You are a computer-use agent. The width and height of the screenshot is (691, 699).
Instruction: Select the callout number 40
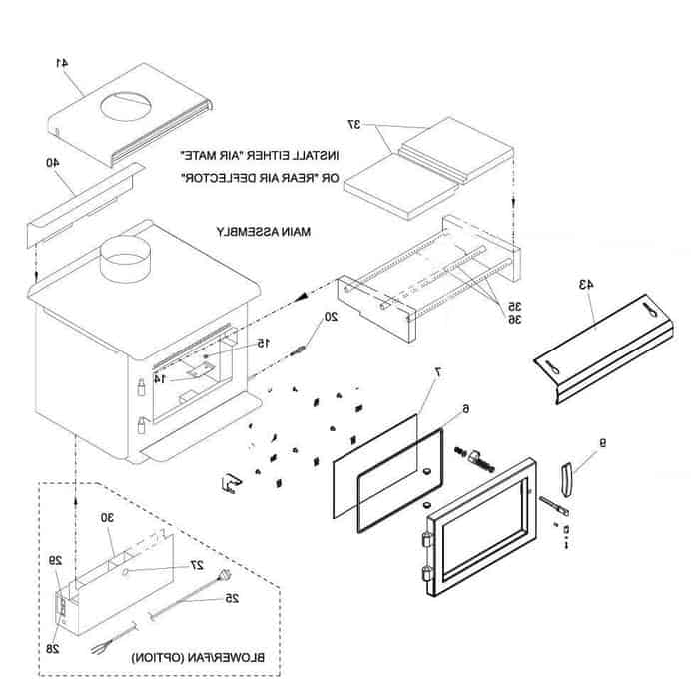[52, 162]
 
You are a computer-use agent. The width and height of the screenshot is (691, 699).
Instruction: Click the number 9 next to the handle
[603, 443]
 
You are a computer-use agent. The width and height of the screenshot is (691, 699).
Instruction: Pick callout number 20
[333, 317]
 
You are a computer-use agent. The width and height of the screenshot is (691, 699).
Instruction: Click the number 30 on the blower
[108, 518]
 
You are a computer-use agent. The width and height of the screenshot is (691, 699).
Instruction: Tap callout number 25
[232, 599]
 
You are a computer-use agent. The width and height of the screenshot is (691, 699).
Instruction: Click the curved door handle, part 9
[566, 480]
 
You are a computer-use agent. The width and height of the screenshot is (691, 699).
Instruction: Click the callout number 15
[262, 343]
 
